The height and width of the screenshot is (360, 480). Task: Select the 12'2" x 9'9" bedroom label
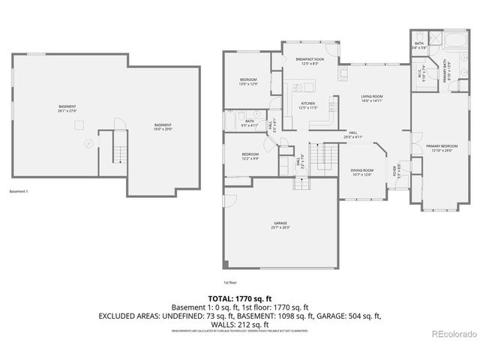coord(250,157)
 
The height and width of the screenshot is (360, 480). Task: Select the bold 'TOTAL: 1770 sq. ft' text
coord(240,298)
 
